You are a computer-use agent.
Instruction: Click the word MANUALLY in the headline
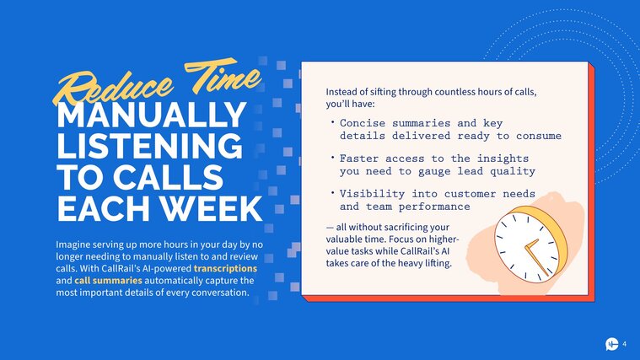(151, 115)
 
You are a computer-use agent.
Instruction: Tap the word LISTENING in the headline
(149, 146)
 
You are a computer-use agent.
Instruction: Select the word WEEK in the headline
(212, 209)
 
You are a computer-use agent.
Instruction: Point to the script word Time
(223, 76)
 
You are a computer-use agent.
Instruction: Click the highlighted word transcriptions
(225, 269)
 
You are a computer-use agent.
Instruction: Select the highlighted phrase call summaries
(108, 281)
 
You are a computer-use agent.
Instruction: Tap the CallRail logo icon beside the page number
(611, 344)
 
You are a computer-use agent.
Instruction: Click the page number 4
(624, 344)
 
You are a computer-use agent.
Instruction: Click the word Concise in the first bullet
(363, 123)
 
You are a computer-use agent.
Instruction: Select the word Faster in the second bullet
(359, 159)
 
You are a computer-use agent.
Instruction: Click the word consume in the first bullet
(539, 136)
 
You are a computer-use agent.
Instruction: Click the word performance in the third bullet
(434, 207)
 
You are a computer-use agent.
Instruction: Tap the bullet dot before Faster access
(333, 157)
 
